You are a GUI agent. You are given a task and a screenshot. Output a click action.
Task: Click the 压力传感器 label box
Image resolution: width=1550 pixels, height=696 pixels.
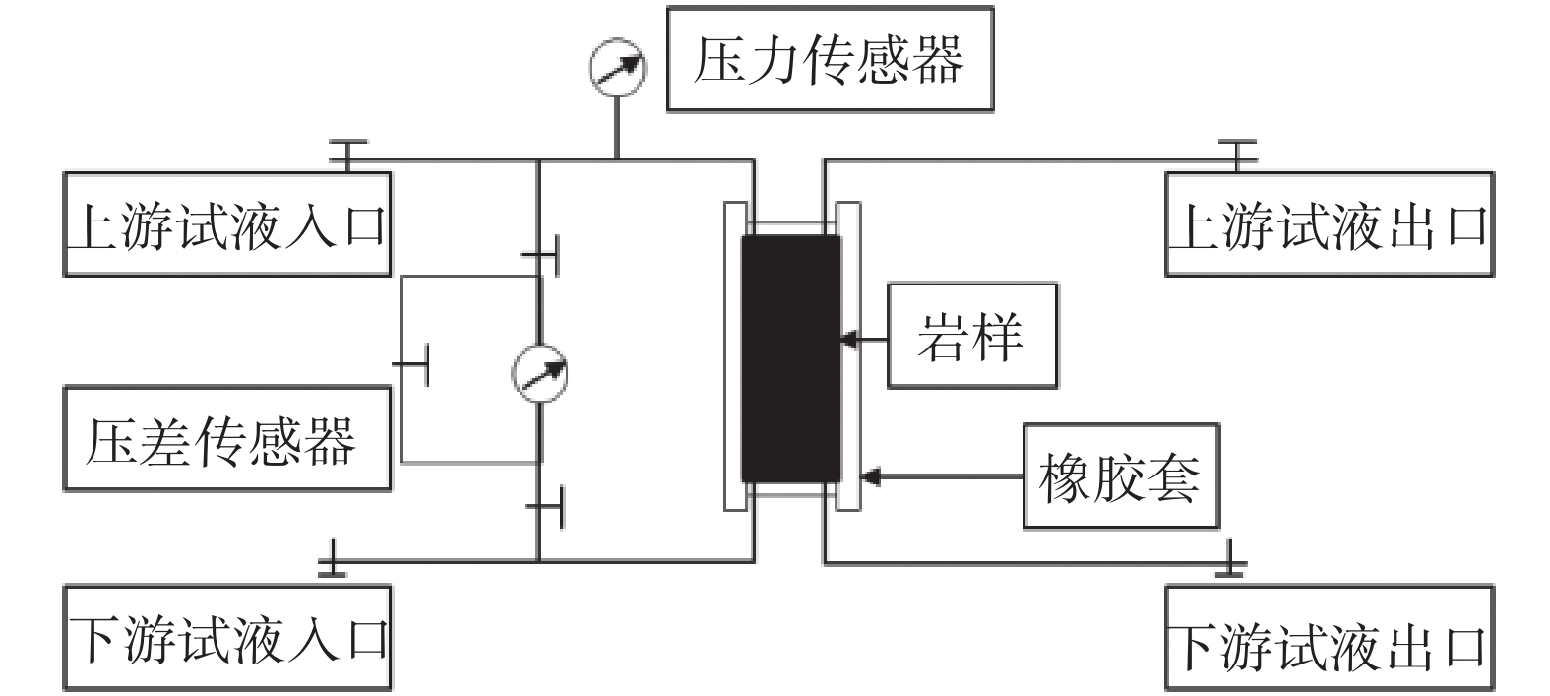coord(830,59)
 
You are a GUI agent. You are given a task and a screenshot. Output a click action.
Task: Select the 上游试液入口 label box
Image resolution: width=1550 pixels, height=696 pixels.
coord(227,224)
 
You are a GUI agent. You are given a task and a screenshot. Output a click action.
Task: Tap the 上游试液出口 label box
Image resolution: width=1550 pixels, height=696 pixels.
coord(1329,224)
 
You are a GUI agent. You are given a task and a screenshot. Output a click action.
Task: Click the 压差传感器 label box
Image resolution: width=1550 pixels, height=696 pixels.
coord(227,438)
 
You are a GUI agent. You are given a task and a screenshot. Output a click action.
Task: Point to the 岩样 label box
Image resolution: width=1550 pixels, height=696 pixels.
coord(971,336)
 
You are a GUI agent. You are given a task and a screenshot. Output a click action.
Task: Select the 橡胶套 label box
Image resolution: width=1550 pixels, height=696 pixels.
coord(1120,476)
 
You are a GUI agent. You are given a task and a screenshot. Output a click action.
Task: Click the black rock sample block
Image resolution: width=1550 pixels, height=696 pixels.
coord(790,358)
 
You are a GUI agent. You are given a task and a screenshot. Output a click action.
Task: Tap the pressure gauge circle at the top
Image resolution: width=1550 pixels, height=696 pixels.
coord(617,66)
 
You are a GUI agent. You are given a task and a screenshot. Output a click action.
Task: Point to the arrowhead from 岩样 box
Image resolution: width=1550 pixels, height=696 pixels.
coord(846,340)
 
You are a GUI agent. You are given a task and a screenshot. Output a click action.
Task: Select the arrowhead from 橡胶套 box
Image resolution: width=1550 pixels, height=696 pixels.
coord(869,477)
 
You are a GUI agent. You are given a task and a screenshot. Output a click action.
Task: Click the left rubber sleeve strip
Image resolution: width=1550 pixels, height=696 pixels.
coord(734,356)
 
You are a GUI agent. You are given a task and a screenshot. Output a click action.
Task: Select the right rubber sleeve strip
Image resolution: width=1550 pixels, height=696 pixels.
coord(848,356)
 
